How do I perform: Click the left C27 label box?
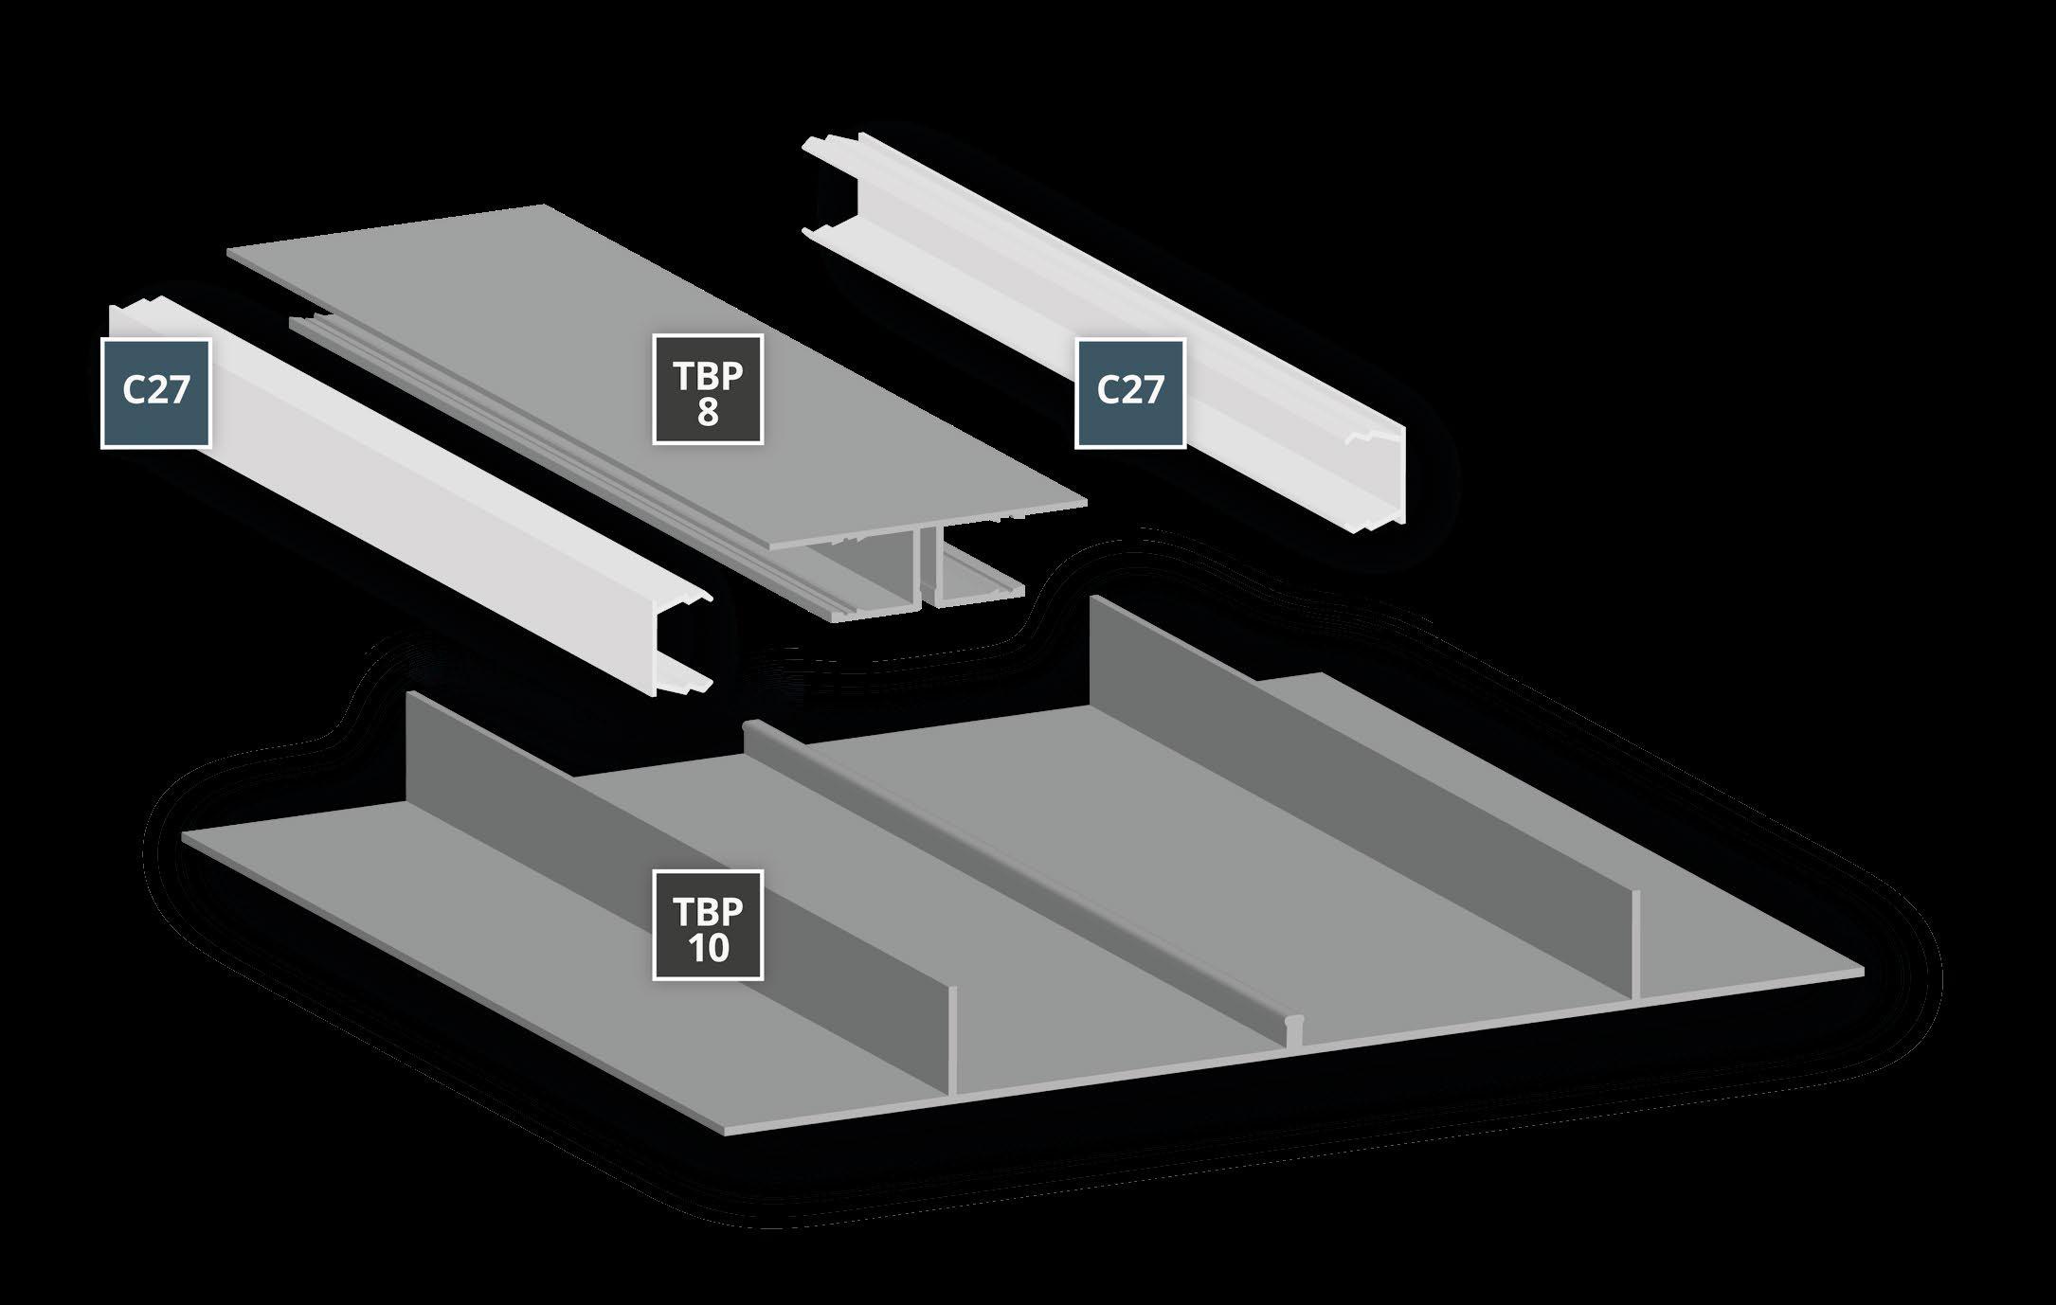155,392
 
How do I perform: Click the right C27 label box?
1130,392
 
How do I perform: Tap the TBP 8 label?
708,388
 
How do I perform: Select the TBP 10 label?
708,925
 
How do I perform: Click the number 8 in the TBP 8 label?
708,413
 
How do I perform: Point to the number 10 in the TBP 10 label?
708,949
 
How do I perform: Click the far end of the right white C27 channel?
834,185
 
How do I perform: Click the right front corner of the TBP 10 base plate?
1863,972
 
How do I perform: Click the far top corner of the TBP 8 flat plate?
544,206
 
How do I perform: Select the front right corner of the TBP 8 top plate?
1085,499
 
